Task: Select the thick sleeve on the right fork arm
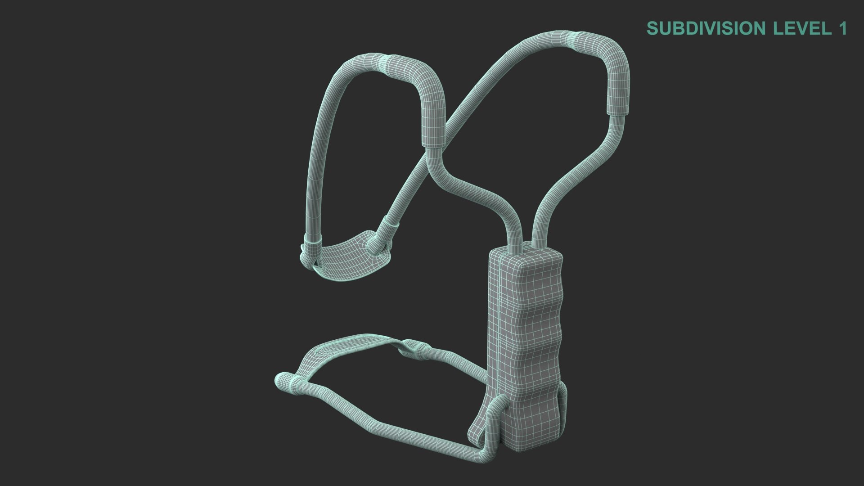coord(603,58)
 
